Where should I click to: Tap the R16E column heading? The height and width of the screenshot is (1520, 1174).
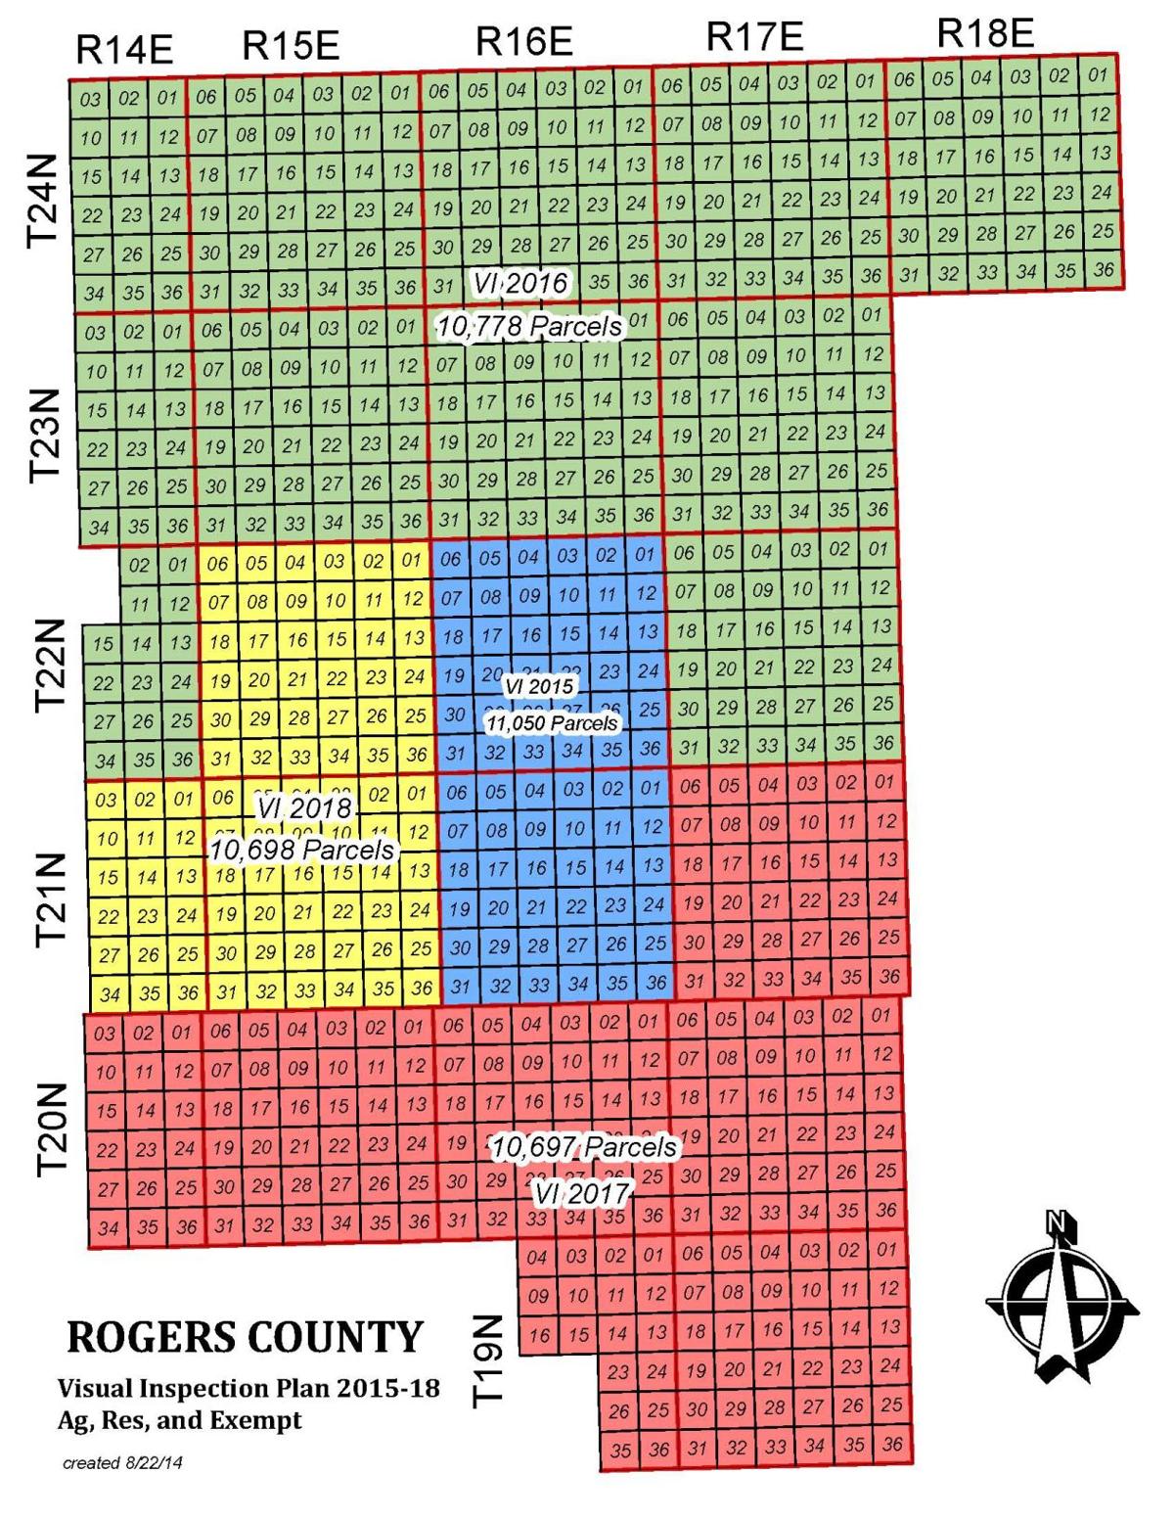coord(523,42)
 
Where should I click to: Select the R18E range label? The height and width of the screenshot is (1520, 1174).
coord(984,33)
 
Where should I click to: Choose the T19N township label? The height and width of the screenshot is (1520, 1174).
coord(488,1359)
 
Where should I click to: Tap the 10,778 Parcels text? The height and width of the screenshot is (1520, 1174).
coord(529,326)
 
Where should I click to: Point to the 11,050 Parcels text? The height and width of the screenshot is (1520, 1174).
coord(553,723)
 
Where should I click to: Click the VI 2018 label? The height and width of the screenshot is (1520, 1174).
coord(304,808)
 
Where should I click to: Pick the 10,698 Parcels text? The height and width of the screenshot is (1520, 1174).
coord(301,850)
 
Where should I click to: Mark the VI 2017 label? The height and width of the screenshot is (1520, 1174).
coord(581,1193)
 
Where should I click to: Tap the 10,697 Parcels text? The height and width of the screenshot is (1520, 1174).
coord(583,1146)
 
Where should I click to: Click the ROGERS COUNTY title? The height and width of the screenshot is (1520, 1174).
coord(246,1337)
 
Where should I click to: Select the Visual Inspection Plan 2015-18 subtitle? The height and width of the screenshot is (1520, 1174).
coord(248,1388)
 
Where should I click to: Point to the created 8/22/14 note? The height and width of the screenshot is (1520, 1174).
coord(122,1464)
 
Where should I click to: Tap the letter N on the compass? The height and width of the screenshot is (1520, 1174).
coord(1055,1221)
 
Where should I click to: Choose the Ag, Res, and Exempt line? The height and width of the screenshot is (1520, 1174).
coord(180,1420)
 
